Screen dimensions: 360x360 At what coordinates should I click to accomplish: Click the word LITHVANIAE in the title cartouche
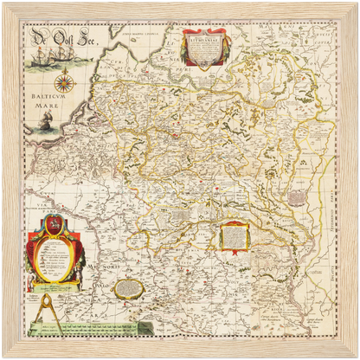tap(204, 39)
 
